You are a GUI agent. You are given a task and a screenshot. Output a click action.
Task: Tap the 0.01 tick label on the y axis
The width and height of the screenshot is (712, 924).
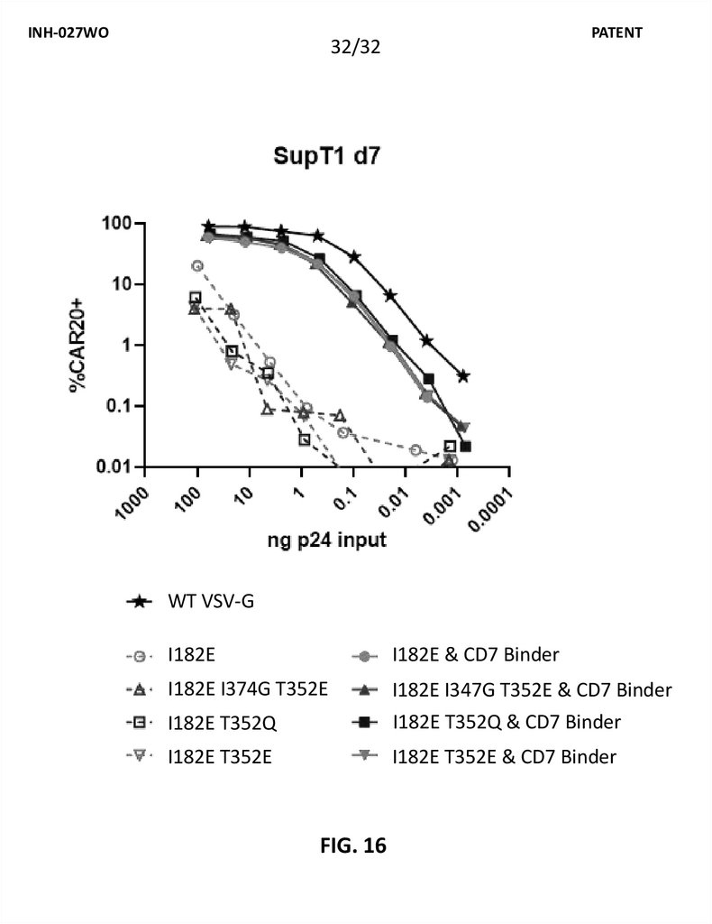click(113, 467)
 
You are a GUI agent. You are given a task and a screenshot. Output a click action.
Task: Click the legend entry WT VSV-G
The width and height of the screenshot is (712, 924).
click(211, 600)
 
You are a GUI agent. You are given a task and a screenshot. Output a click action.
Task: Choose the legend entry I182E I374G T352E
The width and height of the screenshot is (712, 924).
click(246, 690)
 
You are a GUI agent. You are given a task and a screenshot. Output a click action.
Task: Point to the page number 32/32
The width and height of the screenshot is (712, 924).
click(356, 48)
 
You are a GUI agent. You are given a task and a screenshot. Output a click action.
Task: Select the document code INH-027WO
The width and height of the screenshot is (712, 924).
click(67, 32)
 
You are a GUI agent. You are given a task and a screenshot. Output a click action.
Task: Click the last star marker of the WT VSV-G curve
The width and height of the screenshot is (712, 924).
click(463, 375)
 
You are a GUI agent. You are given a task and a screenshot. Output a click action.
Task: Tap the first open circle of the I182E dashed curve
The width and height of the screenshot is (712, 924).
click(197, 266)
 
